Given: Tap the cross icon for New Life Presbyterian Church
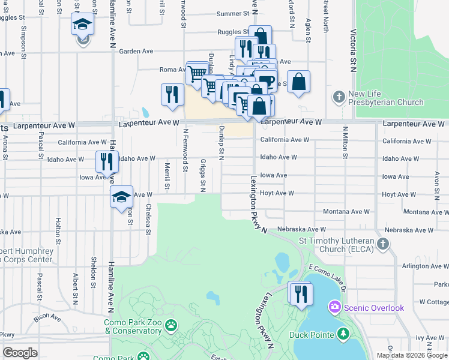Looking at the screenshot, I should tap(339, 97).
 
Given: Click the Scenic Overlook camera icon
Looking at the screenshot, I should tap(333, 307).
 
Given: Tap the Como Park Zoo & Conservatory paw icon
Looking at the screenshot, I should tap(171, 325).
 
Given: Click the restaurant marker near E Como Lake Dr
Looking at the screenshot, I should tap(300, 294).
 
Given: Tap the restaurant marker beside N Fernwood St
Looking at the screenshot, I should tap(172, 95).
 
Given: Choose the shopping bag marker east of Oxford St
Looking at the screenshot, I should tap(298, 81).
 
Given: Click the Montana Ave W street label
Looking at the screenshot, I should tap(345, 212).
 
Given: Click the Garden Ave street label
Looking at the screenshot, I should tap(136, 52).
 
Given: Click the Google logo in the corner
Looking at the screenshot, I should tap(20, 352).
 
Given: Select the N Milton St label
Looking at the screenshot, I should tap(346, 143).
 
